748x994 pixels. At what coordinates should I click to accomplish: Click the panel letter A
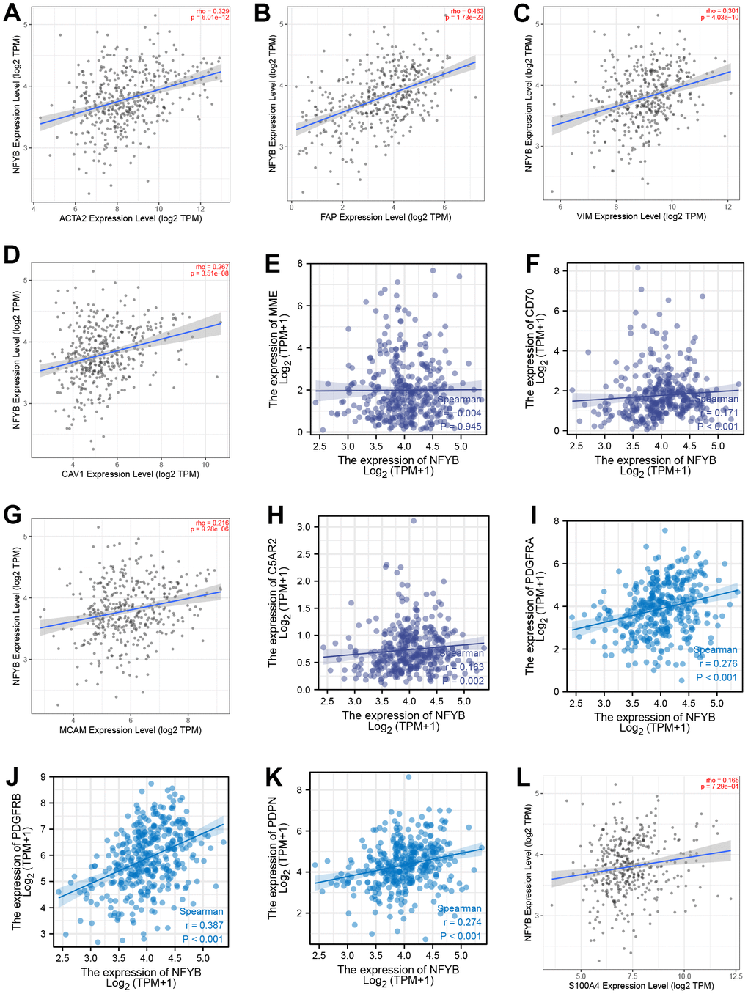tap(12, 13)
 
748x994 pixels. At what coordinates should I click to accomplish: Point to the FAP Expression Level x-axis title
tap(386, 218)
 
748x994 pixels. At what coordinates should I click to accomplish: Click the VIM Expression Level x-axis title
tap(641, 217)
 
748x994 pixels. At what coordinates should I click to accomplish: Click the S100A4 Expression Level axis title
tap(641, 986)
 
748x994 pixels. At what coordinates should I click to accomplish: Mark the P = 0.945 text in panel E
tap(461, 427)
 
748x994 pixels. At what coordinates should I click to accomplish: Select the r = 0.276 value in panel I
tap(718, 663)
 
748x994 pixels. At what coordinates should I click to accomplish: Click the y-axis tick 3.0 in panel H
tap(303, 527)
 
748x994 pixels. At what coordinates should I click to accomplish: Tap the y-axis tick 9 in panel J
tap(43, 777)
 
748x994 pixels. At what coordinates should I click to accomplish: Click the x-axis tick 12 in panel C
tap(728, 207)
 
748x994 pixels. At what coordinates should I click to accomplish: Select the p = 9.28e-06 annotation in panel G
tap(210, 529)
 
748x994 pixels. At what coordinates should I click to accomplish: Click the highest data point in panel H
tap(414, 520)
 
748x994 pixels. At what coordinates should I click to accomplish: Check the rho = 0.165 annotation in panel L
tap(722, 780)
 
